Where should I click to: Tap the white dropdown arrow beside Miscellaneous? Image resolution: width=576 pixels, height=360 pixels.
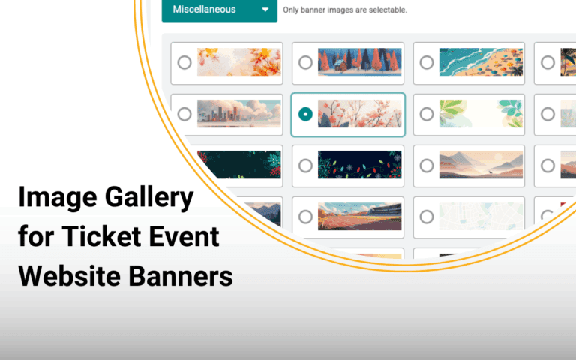click(265, 10)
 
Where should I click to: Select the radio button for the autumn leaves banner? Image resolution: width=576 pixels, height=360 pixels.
click(184, 63)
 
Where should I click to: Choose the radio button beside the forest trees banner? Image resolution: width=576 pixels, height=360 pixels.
click(305, 63)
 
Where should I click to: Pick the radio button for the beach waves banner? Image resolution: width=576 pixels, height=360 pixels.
click(427, 63)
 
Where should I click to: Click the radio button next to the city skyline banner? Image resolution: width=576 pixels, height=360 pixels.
click(184, 115)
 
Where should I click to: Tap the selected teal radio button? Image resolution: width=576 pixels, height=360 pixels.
click(305, 115)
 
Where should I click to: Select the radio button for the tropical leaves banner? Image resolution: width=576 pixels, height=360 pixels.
click(427, 115)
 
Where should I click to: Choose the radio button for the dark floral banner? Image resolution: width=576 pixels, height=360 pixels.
click(305, 166)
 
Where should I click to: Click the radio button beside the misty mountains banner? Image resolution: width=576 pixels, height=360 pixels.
click(427, 166)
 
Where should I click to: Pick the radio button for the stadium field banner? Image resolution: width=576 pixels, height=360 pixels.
click(305, 217)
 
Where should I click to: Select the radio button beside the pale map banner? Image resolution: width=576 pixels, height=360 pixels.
click(427, 217)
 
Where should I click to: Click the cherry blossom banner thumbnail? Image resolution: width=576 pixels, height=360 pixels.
click(359, 115)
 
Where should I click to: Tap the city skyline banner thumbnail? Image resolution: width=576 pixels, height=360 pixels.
click(238, 115)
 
